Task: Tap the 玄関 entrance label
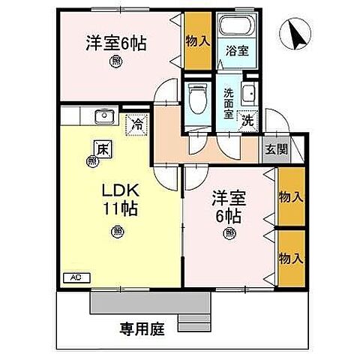click(275, 148)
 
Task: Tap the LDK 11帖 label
click(116, 196)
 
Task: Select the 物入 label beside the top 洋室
click(198, 42)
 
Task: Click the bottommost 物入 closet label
click(291, 257)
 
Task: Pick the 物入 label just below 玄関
click(291, 197)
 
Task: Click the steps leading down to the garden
click(193, 321)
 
